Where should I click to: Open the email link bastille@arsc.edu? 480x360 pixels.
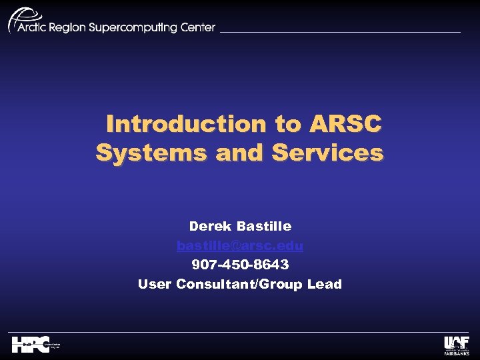tap(240, 246)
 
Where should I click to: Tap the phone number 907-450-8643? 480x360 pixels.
tap(240, 265)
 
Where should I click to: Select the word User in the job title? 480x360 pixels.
tap(155, 285)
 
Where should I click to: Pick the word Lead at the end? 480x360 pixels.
tap(325, 285)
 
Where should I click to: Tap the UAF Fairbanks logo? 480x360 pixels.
tap(457, 345)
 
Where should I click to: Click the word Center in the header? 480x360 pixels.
tap(198, 28)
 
